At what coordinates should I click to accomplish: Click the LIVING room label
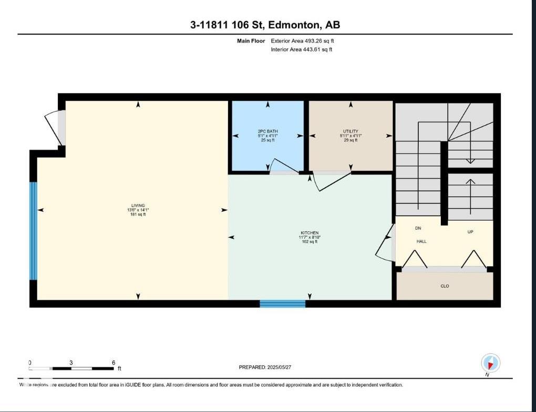tap(138, 205)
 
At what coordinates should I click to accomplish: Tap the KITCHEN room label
tap(310, 233)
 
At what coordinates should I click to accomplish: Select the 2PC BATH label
tap(268, 131)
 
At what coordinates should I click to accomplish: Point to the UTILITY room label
tap(351, 131)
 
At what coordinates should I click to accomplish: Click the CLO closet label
tap(445, 286)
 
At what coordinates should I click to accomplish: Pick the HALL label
tap(421, 241)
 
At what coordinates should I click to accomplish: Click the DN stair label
tap(418, 228)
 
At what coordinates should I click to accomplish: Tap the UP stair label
tap(470, 232)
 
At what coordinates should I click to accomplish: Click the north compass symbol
tap(490, 363)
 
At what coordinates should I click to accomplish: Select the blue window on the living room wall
tap(34, 231)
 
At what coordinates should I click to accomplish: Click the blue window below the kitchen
tap(283, 303)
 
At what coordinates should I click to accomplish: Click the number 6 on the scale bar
tap(114, 363)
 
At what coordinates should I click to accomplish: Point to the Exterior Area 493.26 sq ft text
tap(302, 40)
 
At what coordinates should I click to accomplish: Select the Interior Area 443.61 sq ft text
tap(302, 49)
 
